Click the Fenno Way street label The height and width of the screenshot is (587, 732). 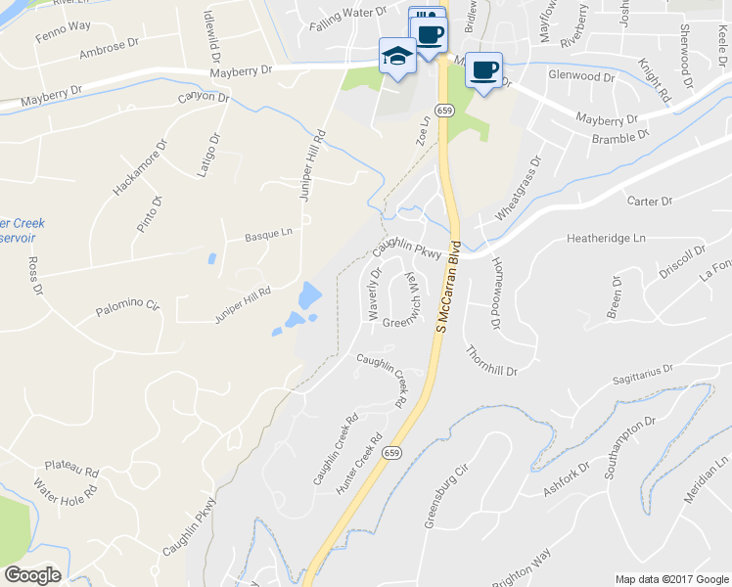point(36,35)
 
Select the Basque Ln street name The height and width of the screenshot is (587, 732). point(268,235)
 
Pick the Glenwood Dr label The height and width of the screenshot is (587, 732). point(581,75)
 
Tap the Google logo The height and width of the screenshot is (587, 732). point(32,575)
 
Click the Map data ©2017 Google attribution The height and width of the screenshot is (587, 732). point(671,578)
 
